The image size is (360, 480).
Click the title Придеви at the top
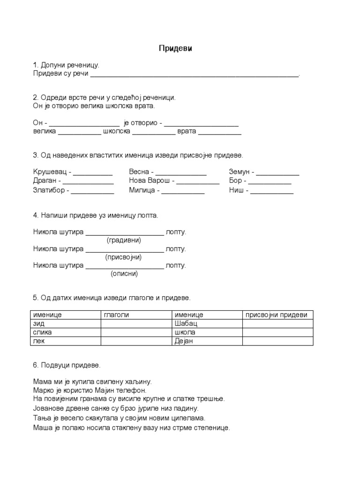pos(175,48)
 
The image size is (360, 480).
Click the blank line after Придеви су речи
pos(194,74)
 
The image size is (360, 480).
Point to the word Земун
pos(240,172)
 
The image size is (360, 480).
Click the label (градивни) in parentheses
pos(124,240)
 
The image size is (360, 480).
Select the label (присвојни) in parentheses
pos(124,257)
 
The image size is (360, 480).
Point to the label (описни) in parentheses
pos(124,274)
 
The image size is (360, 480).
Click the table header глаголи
pos(115,315)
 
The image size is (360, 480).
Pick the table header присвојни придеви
pos(277,315)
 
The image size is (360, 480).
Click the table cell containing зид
pos(65,323)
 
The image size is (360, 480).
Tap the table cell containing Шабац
pos(206,323)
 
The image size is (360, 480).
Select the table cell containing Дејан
pos(206,341)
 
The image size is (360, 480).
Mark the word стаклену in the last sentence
pos(130,427)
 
